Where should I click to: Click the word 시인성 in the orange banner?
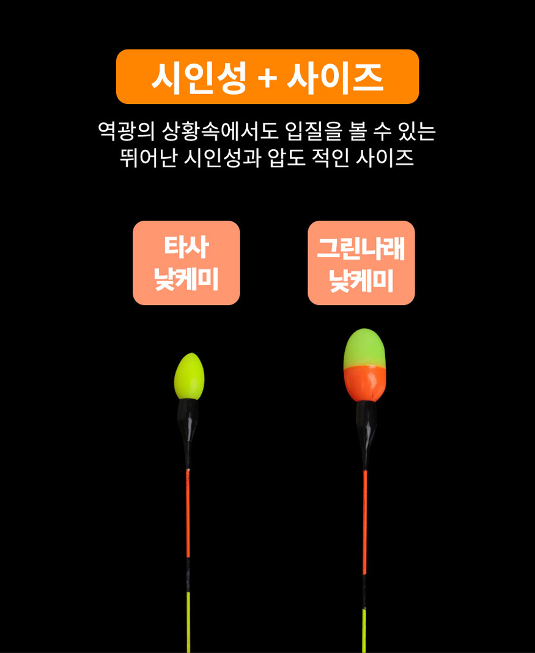pos(199,78)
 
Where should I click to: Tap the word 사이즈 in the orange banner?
pos(334,78)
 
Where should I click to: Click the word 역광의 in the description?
pos(126,131)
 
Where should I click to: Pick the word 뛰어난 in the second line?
pos(148,158)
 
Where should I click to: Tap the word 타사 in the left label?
pos(186,246)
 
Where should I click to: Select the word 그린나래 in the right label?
pos(361,248)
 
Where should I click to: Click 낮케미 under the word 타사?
pos(186,279)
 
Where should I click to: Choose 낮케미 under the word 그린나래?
pos(361,281)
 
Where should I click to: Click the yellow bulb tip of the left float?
pos(189,376)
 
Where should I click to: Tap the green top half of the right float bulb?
pos(364,349)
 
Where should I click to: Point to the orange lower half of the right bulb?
pos(364,384)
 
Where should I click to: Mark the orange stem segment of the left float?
pos(188,514)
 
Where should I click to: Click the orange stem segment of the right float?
pos(365,523)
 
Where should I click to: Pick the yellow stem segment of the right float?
pos(364,631)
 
